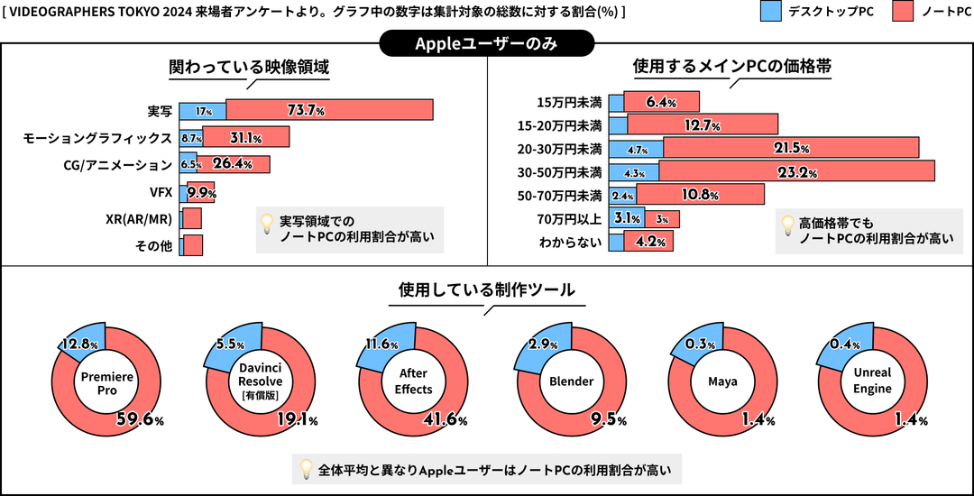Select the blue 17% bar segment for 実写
pyautogui.click(x=203, y=110)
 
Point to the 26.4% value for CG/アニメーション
pyautogui.click(x=231, y=164)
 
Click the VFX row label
pyautogui.click(x=161, y=192)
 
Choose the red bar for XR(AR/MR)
pyautogui.click(x=192, y=219)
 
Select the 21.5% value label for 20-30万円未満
pyautogui.click(x=791, y=147)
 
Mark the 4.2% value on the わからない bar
pyautogui.click(x=650, y=242)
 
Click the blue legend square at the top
pyautogui.click(x=771, y=11)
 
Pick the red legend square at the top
pyautogui.click(x=902, y=11)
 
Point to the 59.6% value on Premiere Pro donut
pyautogui.click(x=140, y=419)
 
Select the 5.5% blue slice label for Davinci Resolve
pyautogui.click(x=226, y=344)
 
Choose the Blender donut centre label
pyautogui.click(x=570, y=381)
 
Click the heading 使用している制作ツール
pyautogui.click(x=486, y=289)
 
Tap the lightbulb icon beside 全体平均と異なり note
pyautogui.click(x=307, y=469)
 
